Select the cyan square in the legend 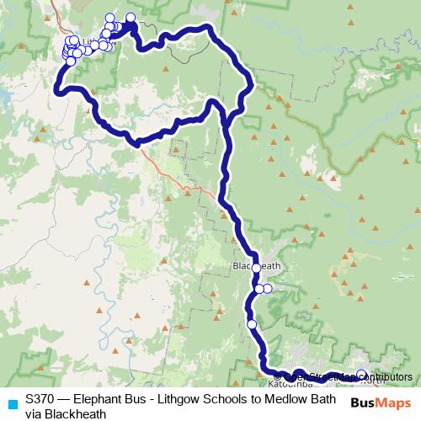click(12, 404)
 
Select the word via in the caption click(34, 413)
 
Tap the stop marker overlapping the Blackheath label click(257, 269)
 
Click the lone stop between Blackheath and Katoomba click(252, 323)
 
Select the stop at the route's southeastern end click(361, 375)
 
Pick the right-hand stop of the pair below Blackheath click(268, 289)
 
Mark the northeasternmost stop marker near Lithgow click(131, 18)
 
